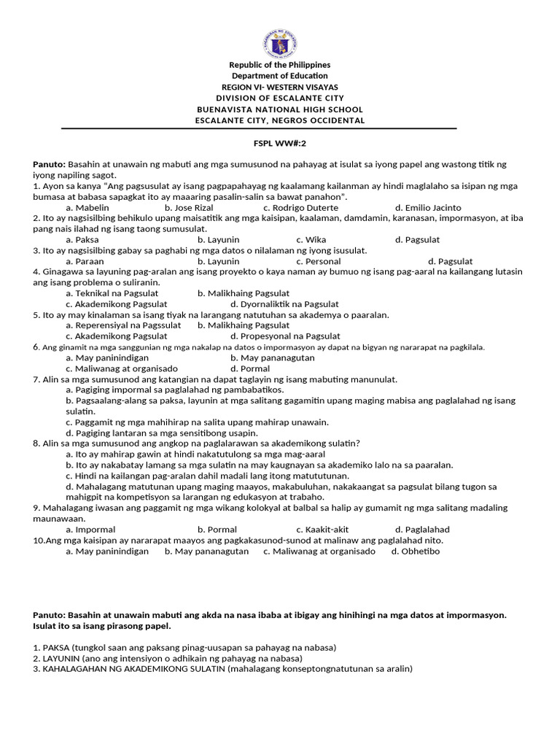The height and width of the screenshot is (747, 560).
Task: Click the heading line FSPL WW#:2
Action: click(x=280, y=144)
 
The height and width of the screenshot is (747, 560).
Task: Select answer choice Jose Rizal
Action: click(x=189, y=208)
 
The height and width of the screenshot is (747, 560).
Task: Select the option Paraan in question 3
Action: click(x=85, y=261)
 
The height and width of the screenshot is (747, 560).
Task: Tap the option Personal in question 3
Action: click(x=319, y=261)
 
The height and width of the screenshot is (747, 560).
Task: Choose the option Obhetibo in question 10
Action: click(x=416, y=551)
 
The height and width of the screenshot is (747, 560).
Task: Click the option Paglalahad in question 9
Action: click(x=422, y=530)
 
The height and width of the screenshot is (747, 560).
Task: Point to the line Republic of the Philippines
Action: click(x=280, y=65)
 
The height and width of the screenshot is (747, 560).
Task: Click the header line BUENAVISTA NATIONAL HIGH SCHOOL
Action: click(x=280, y=109)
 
